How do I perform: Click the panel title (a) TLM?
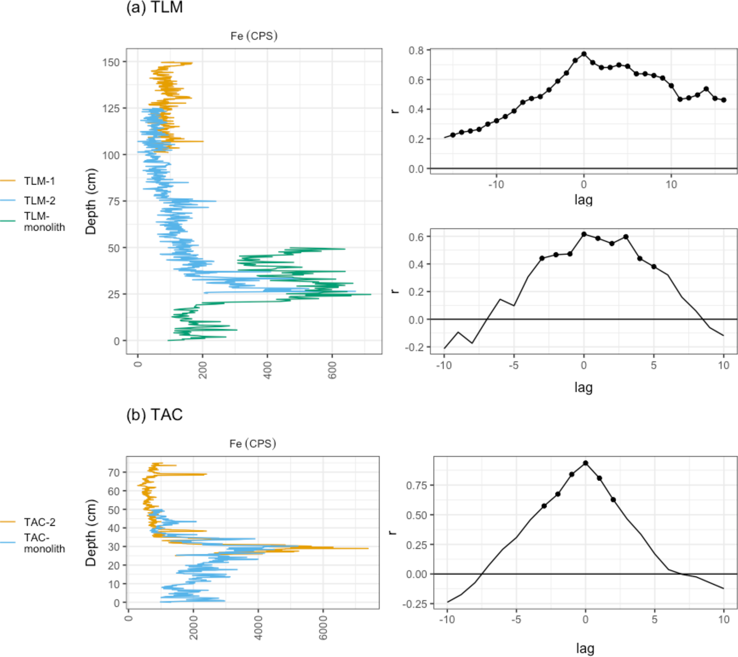click(154, 7)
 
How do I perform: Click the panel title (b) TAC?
click(154, 415)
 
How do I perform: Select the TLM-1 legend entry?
click(39, 181)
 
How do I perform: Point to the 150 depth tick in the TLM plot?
click(111, 62)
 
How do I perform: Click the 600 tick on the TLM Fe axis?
click(332, 370)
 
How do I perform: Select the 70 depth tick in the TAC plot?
click(114, 472)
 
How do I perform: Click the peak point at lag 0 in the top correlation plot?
click(584, 54)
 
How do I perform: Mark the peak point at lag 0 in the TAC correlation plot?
click(586, 463)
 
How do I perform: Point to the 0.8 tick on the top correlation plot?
click(416, 50)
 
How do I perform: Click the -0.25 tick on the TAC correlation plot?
click(416, 604)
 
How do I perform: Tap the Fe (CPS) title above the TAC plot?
click(253, 444)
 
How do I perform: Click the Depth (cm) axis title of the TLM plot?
click(91, 201)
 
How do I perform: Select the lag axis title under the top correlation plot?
click(583, 199)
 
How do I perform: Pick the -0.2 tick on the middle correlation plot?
click(416, 347)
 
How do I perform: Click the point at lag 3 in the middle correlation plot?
click(626, 237)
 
